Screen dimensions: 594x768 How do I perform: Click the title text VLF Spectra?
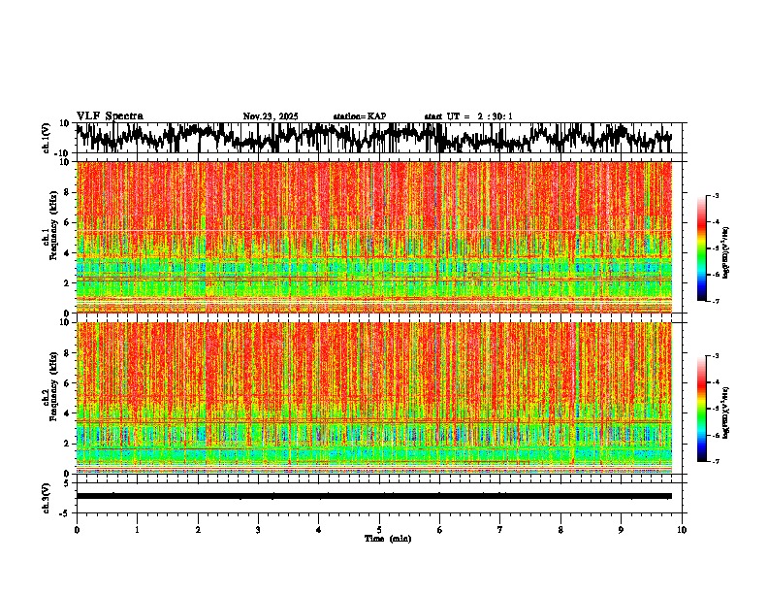110,116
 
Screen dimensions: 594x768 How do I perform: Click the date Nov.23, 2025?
271,116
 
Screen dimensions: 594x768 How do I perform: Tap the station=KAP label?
360,116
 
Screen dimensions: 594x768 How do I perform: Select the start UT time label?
468,116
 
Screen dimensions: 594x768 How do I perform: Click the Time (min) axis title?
387,539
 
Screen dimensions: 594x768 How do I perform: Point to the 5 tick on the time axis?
379,530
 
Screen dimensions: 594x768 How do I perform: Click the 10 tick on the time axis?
682,530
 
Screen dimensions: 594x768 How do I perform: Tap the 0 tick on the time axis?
77,530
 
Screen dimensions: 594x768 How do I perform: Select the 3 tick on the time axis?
258,530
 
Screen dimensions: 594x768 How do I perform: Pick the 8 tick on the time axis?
560,530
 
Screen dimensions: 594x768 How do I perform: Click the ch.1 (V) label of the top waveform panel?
47,138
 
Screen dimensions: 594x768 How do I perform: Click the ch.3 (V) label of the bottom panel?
47,495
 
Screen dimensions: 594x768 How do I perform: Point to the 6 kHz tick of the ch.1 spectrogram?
68,222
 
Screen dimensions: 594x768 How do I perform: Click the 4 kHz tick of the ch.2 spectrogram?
68,413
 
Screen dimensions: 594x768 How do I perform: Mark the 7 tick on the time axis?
500,530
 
